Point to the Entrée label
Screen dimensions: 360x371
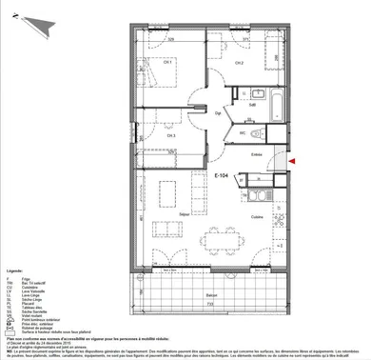(255, 153)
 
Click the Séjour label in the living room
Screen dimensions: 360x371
(174, 217)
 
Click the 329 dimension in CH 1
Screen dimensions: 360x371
(171, 39)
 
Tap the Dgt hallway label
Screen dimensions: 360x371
(217, 111)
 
